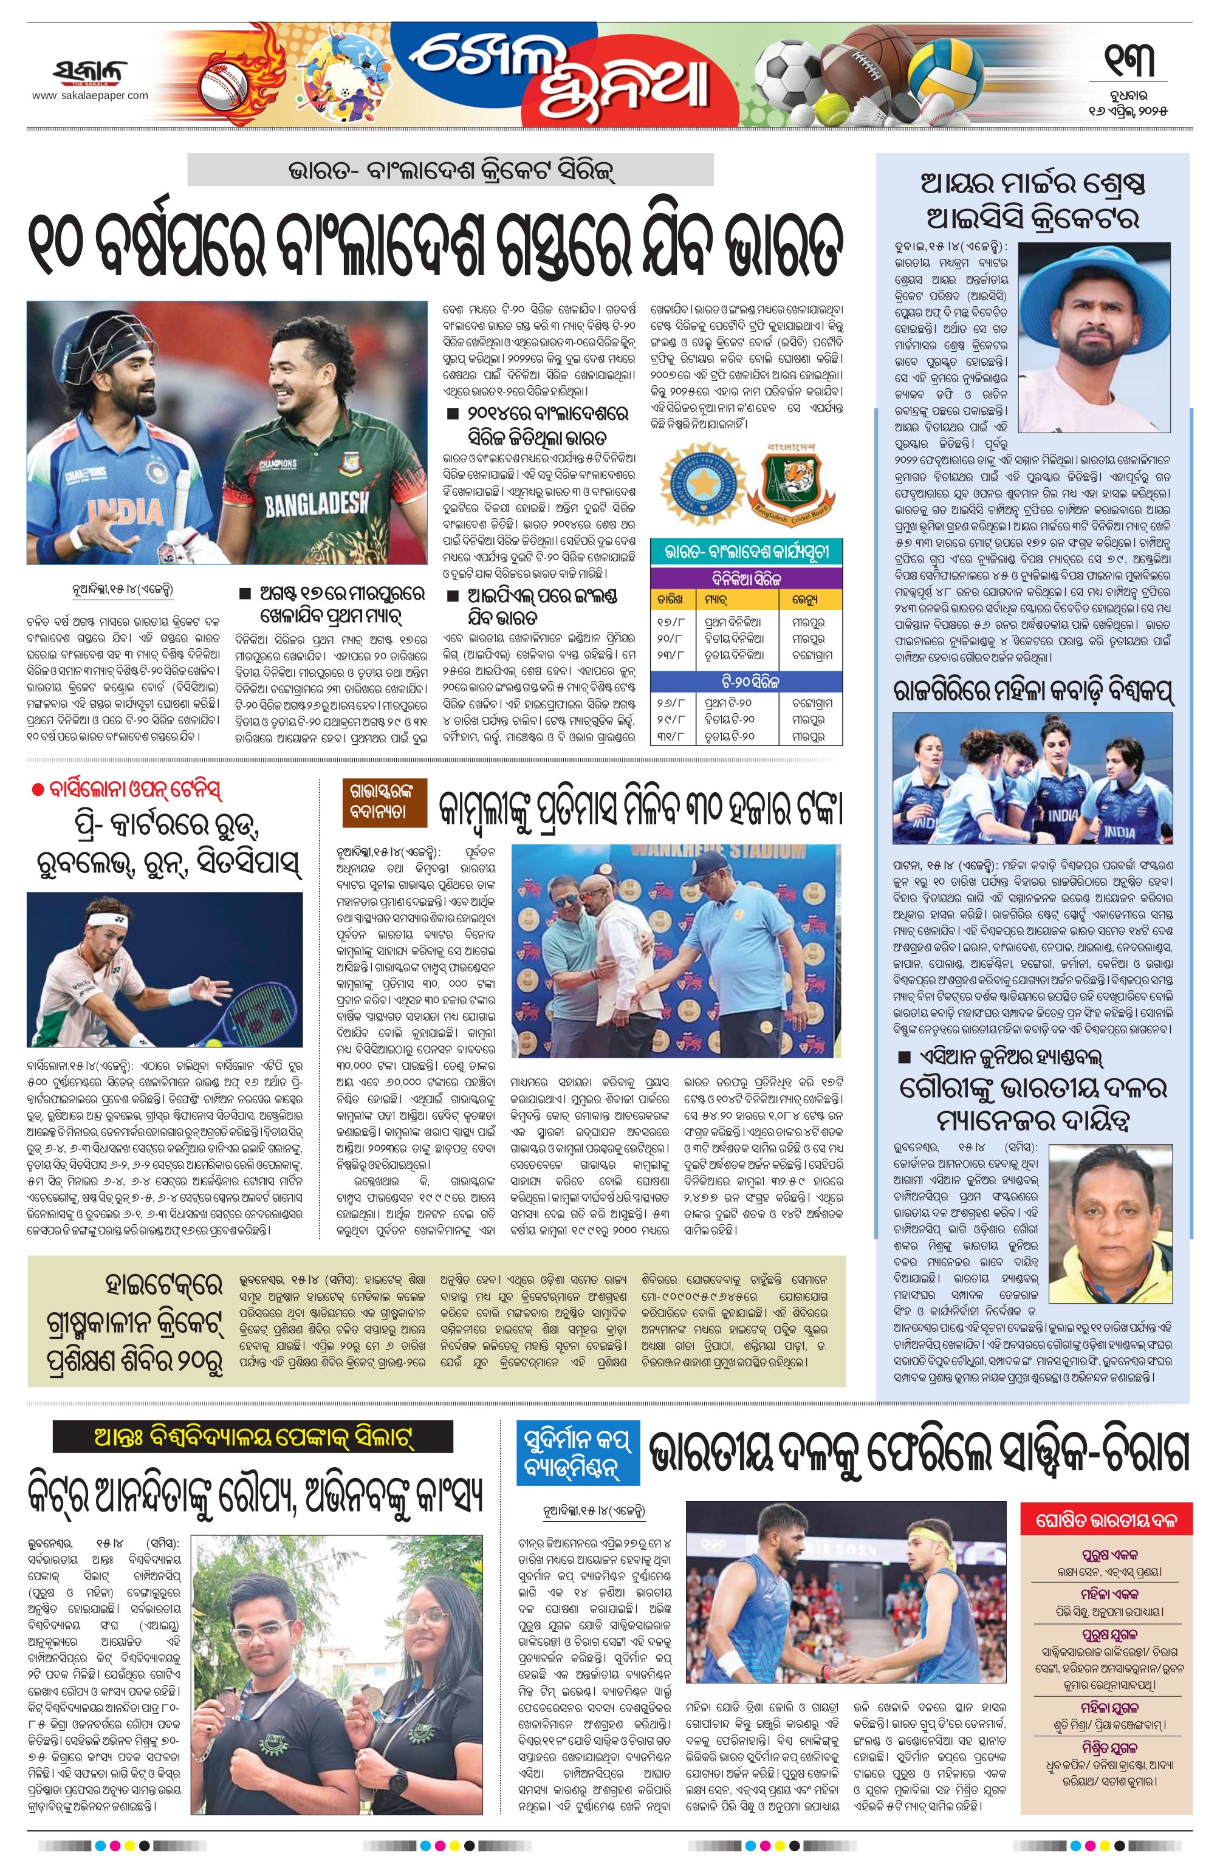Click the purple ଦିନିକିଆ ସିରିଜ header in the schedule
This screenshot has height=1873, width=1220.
[x=747, y=578]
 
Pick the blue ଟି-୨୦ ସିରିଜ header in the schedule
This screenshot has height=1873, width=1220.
[x=747, y=679]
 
